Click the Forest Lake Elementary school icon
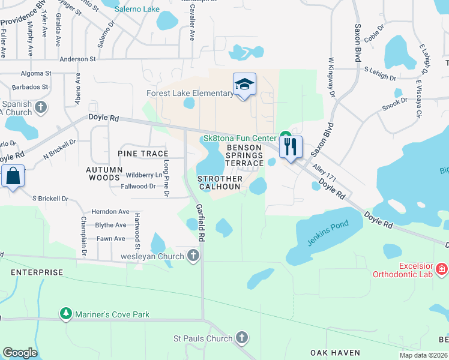244,85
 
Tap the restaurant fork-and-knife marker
291,146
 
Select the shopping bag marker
13,176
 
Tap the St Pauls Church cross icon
242,338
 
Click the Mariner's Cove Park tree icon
65,314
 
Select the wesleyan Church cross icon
193,257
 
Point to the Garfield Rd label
200,222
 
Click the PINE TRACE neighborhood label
143,154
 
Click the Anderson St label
78,59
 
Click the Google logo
20,353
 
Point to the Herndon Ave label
110,212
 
